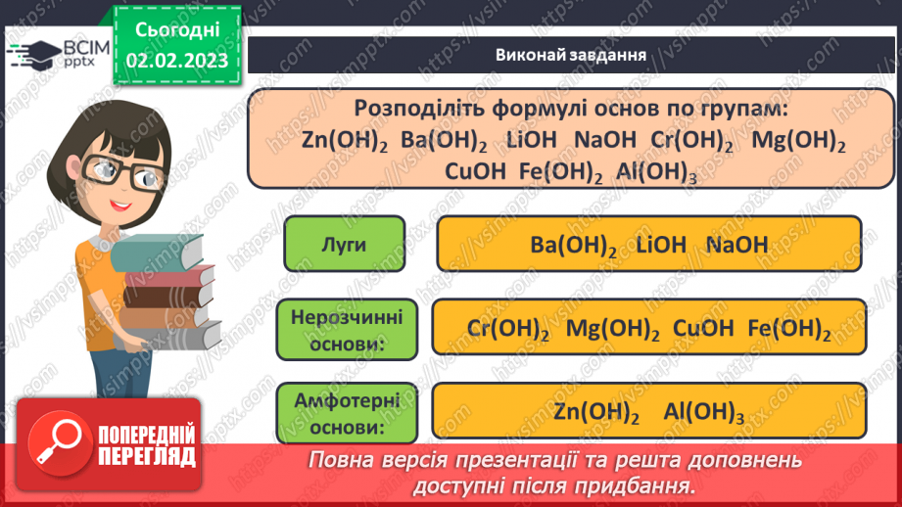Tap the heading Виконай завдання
pyautogui.click(x=570, y=55)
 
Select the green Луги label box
pyautogui.click(x=343, y=244)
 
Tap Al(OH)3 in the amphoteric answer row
pyautogui.click(x=703, y=412)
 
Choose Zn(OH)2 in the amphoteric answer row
pyautogui.click(x=595, y=412)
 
